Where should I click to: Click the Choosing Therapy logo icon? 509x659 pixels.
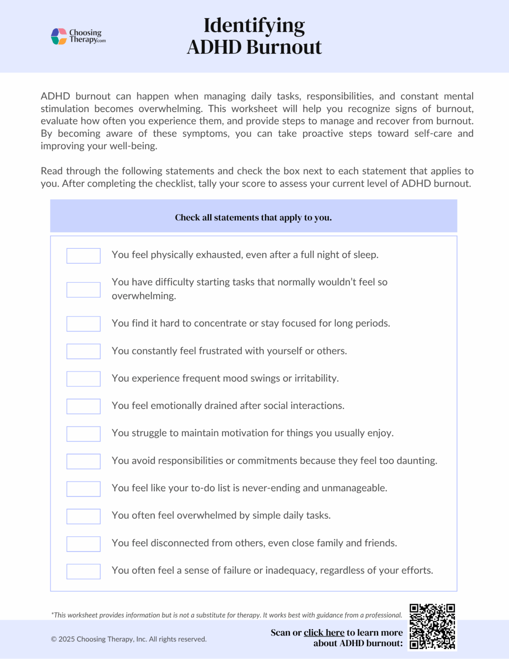(x=59, y=36)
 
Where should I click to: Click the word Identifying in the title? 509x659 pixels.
(x=254, y=26)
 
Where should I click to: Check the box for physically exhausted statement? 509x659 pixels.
(x=83, y=256)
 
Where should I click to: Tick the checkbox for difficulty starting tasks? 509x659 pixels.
(x=83, y=290)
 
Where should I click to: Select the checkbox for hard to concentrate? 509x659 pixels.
(x=83, y=324)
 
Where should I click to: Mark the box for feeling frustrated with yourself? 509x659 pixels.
(x=83, y=351)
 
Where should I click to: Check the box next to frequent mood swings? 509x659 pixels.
(x=83, y=379)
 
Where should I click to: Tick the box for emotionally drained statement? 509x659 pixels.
(x=83, y=406)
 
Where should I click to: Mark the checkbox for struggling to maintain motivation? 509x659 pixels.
(x=83, y=434)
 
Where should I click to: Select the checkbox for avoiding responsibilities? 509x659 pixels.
(x=83, y=461)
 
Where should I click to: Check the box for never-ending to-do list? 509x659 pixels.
(x=83, y=489)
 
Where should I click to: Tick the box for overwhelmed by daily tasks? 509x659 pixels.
(x=83, y=516)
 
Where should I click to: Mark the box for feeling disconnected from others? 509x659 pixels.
(x=83, y=544)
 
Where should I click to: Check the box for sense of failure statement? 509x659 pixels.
(x=83, y=571)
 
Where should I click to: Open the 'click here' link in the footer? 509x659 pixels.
(x=324, y=632)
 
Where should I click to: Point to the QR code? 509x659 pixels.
(x=432, y=626)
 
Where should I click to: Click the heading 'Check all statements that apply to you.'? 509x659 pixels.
(x=253, y=218)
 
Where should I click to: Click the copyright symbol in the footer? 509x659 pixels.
(x=54, y=639)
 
